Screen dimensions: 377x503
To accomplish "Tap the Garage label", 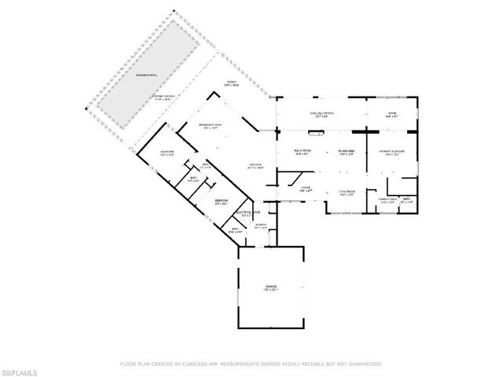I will tap(270, 290).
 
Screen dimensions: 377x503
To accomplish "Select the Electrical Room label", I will tap(245, 212).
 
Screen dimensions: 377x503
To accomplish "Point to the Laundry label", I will tap(260, 225).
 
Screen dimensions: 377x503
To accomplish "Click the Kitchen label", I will tap(253, 165).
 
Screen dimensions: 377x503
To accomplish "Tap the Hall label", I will tap(206, 166).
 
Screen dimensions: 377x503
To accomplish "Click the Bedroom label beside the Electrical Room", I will tap(222, 202).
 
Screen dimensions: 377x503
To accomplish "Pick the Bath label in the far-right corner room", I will tap(406, 199).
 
